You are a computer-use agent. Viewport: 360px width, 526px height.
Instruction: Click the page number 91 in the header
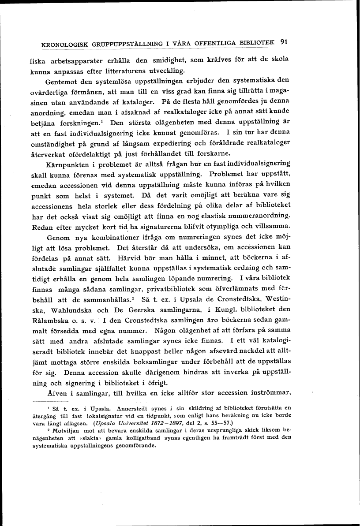click(x=284, y=43)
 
